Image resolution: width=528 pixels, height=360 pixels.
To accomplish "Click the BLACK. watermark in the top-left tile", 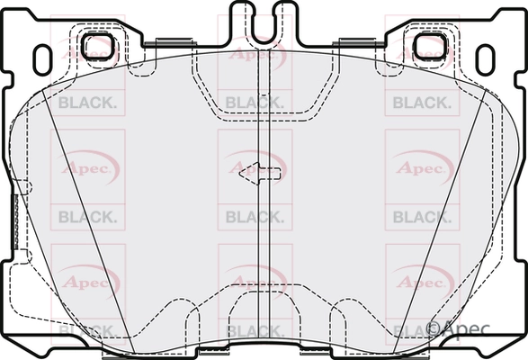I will coord(87,102).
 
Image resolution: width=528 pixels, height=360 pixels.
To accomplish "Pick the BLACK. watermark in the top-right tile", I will coord(422,102).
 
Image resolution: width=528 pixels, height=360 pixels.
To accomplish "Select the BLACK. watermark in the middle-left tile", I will coord(87,216).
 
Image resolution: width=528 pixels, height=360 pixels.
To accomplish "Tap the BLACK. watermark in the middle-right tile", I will coord(422,216).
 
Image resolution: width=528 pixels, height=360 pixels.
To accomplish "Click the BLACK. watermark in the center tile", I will coord(255,216).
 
